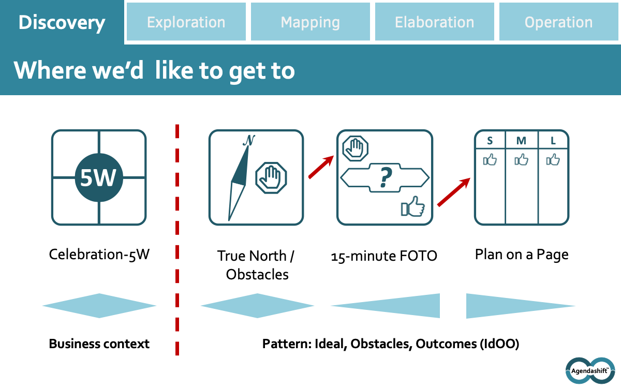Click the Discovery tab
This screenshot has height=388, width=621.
[x=62, y=22]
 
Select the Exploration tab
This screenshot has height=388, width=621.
[x=186, y=22]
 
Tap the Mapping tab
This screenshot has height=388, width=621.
[x=310, y=22]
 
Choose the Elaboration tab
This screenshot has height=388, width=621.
[x=435, y=22]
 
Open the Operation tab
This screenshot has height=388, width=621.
[x=558, y=22]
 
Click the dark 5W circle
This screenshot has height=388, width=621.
[x=98, y=177]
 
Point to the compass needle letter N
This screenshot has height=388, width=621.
[x=249, y=140]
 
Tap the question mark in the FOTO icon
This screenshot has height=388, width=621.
[x=384, y=177]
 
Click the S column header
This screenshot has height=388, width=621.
[x=490, y=140]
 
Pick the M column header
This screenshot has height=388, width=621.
[x=521, y=140]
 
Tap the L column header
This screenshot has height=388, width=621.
[x=553, y=140]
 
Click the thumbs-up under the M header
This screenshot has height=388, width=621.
[x=521, y=160]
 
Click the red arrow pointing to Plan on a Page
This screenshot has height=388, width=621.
[x=454, y=192]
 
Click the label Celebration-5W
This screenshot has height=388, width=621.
[x=99, y=255]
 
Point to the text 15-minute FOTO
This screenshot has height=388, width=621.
[x=384, y=256]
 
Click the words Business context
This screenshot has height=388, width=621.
[x=99, y=344]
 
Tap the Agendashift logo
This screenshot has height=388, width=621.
[x=589, y=370]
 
